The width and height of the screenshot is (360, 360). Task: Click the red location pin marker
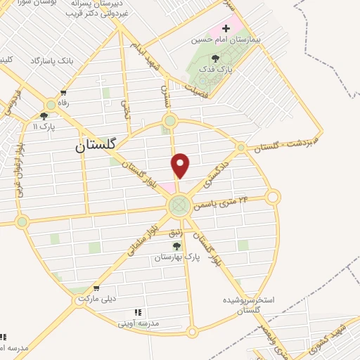pos(181,165)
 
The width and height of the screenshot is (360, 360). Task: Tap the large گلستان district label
pos(98,146)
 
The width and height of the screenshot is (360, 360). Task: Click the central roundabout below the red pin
pos(178,205)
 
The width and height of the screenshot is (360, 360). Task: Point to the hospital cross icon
pos(225,28)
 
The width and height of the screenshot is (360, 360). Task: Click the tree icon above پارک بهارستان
pos(176,245)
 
